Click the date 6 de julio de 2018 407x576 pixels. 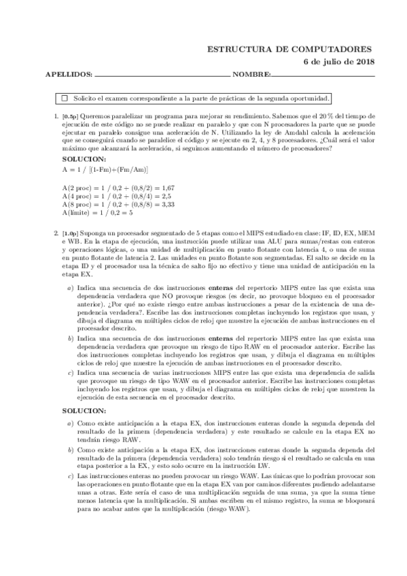point(339,62)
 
